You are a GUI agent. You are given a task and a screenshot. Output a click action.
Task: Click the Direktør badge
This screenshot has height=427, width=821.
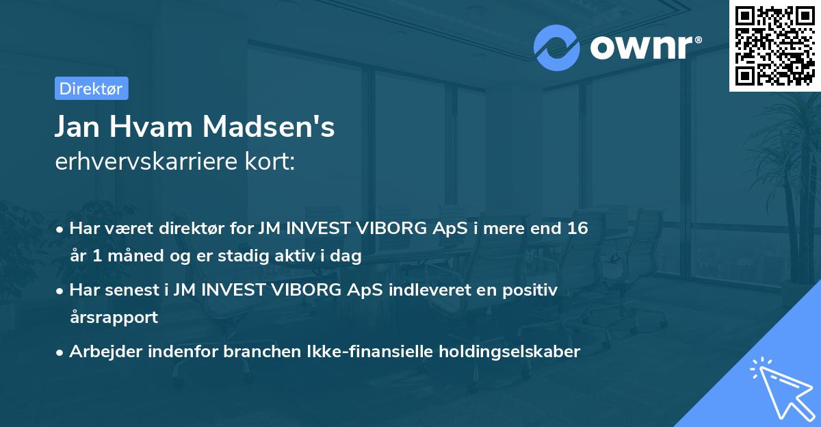(x=91, y=88)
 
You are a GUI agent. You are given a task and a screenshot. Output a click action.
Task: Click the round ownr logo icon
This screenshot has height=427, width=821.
(x=557, y=47)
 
